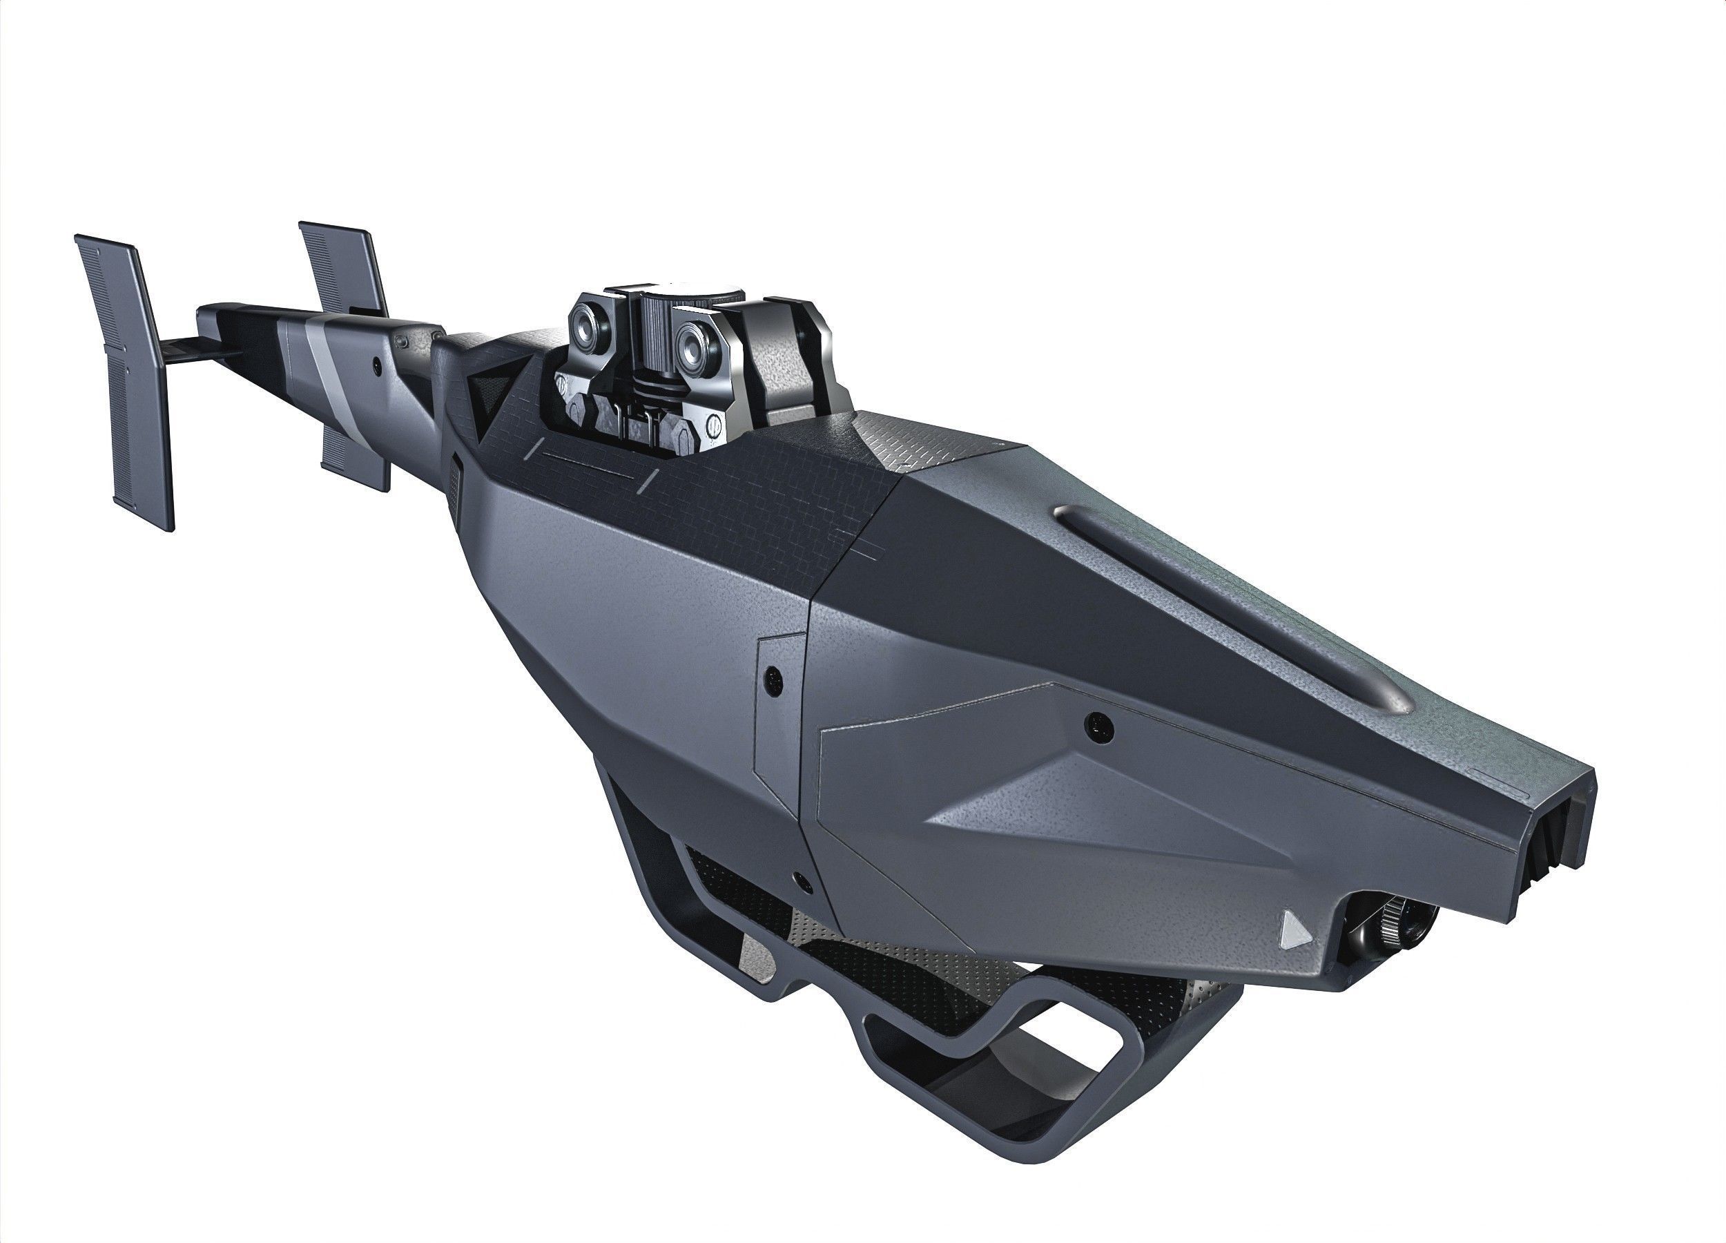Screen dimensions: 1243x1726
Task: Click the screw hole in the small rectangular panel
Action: pos(775,677)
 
